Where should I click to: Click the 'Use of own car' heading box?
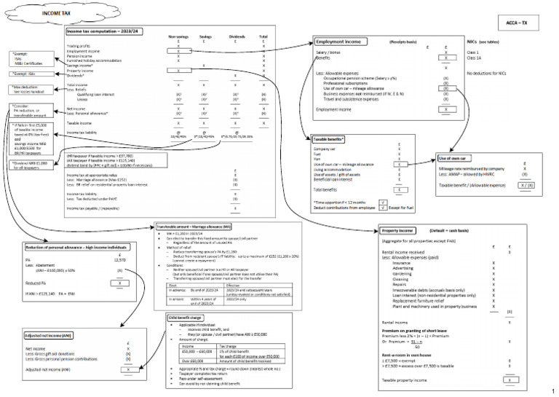pos(456,158)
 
